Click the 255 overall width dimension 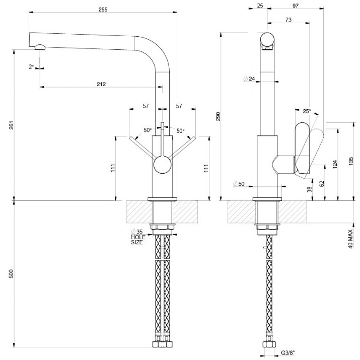(x=103, y=10)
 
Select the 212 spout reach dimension (x=101, y=84)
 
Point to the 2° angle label (x=31, y=67)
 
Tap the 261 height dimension (x=12, y=125)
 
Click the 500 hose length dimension (x=12, y=274)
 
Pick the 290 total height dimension (x=218, y=116)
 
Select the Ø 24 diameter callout (x=249, y=79)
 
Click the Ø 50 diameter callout (x=239, y=184)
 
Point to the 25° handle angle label (x=307, y=111)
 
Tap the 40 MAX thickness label (x=350, y=239)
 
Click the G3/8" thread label (x=288, y=352)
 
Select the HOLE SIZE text (x=138, y=240)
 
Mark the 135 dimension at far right (x=351, y=162)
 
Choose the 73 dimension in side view (x=289, y=20)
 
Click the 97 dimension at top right (x=296, y=6)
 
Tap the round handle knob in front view (x=162, y=165)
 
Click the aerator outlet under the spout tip (x=40, y=47)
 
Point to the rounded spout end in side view (x=267, y=41)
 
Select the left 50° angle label (x=148, y=130)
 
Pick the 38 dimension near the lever (x=310, y=189)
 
